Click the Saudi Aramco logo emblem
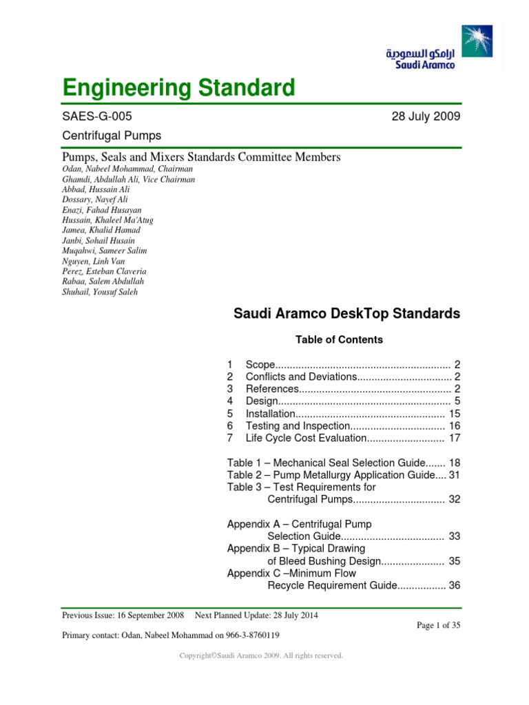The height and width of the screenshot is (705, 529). coord(479,43)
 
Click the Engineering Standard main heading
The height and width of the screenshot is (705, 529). coord(178,88)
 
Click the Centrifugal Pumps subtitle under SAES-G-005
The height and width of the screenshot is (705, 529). coord(112,136)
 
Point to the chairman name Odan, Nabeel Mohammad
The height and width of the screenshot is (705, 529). coord(127,169)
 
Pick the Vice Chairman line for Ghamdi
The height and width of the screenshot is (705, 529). coord(129,179)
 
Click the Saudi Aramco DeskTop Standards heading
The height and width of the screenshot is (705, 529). coord(346,314)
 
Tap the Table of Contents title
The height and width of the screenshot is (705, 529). coord(339,339)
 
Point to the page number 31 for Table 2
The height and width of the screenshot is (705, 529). coord(454,475)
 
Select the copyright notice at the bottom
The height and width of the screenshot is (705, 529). coord(261,656)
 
